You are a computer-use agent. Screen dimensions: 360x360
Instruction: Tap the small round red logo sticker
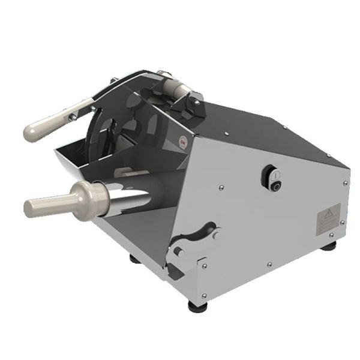click(183, 143)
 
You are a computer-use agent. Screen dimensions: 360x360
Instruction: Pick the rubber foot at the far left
click(133, 259)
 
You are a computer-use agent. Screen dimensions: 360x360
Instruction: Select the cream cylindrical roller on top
click(178, 91)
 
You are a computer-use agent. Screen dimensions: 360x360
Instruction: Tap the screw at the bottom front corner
click(205, 295)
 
